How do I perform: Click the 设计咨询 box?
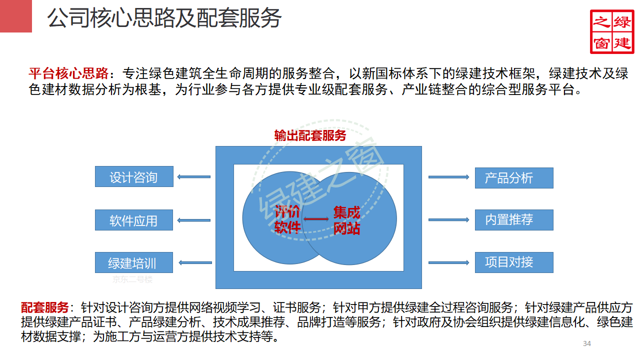134,177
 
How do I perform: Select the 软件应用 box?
134,220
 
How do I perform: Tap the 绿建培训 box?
134,262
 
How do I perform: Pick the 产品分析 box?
514,178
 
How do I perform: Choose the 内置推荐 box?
514,220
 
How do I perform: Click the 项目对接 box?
514,262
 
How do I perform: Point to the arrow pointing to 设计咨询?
194,176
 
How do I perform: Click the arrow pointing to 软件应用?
194,220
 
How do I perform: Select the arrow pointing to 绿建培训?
194,262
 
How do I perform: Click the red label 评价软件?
287,219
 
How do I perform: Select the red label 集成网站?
346,220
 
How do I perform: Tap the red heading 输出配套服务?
310,135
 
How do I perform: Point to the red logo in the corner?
611,31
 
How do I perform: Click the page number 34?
587,343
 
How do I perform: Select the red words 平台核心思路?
68,74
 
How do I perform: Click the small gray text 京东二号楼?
132,279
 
